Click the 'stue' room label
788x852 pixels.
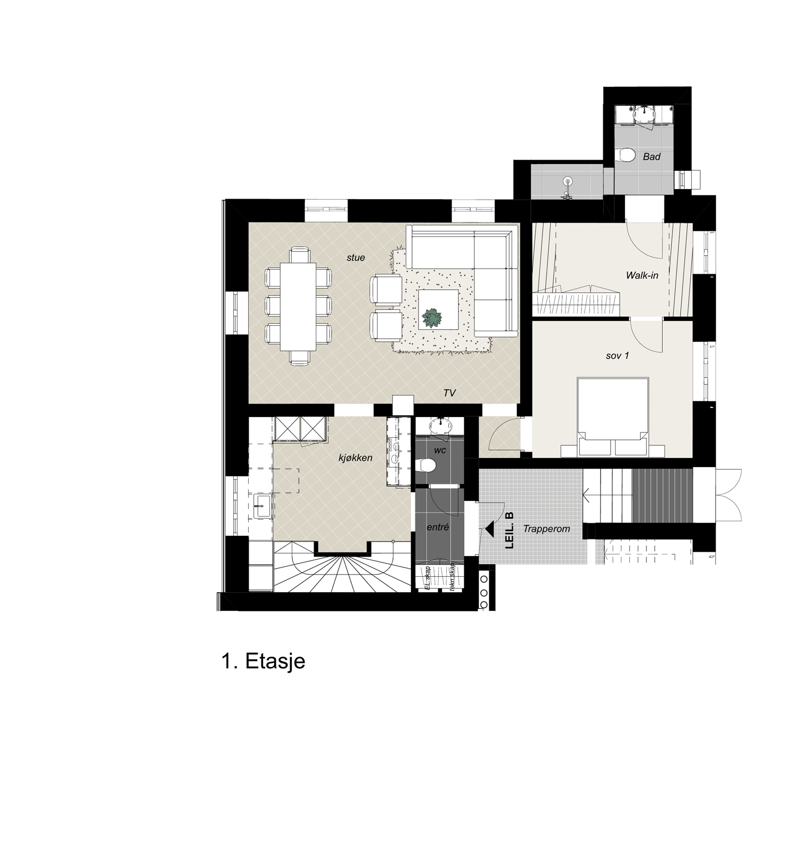pyautogui.click(x=356, y=258)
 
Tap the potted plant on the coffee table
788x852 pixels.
pyautogui.click(x=432, y=318)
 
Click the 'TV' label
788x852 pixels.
pyautogui.click(x=449, y=393)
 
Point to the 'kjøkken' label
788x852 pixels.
pyautogui.click(x=355, y=457)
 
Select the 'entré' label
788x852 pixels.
pyautogui.click(x=438, y=527)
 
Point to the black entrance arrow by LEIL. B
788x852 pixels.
pyautogui.click(x=488, y=530)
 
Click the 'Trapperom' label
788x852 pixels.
pyautogui.click(x=546, y=529)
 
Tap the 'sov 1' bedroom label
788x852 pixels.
pyautogui.click(x=617, y=355)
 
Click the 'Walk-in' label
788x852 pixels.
pyautogui.click(x=642, y=275)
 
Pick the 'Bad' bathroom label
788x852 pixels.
pyautogui.click(x=652, y=157)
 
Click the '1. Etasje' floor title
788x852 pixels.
pyautogui.click(x=263, y=661)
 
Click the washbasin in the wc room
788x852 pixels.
pyautogui.click(x=440, y=426)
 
